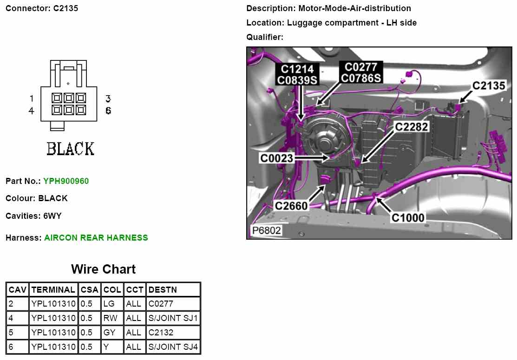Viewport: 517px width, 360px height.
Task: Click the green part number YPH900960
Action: [x=66, y=181]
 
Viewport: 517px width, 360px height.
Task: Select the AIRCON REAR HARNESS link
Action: [x=96, y=238]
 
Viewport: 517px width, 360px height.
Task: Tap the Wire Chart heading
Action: [x=103, y=269]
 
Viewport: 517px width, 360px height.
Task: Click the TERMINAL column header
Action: [x=53, y=290]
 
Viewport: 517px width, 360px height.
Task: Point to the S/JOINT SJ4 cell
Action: [x=173, y=347]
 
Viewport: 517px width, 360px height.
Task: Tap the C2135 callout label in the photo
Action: [x=489, y=85]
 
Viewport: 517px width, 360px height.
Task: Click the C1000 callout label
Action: [x=408, y=217]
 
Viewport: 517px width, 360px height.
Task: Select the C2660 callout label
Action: [x=291, y=206]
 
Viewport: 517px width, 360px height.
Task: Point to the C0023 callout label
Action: [x=276, y=158]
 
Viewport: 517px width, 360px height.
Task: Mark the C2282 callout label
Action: [x=412, y=127]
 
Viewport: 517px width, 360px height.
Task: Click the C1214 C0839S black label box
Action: [x=297, y=75]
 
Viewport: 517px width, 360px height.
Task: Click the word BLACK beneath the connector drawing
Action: [x=71, y=149]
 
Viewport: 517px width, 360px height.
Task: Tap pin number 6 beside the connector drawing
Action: [x=108, y=111]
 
